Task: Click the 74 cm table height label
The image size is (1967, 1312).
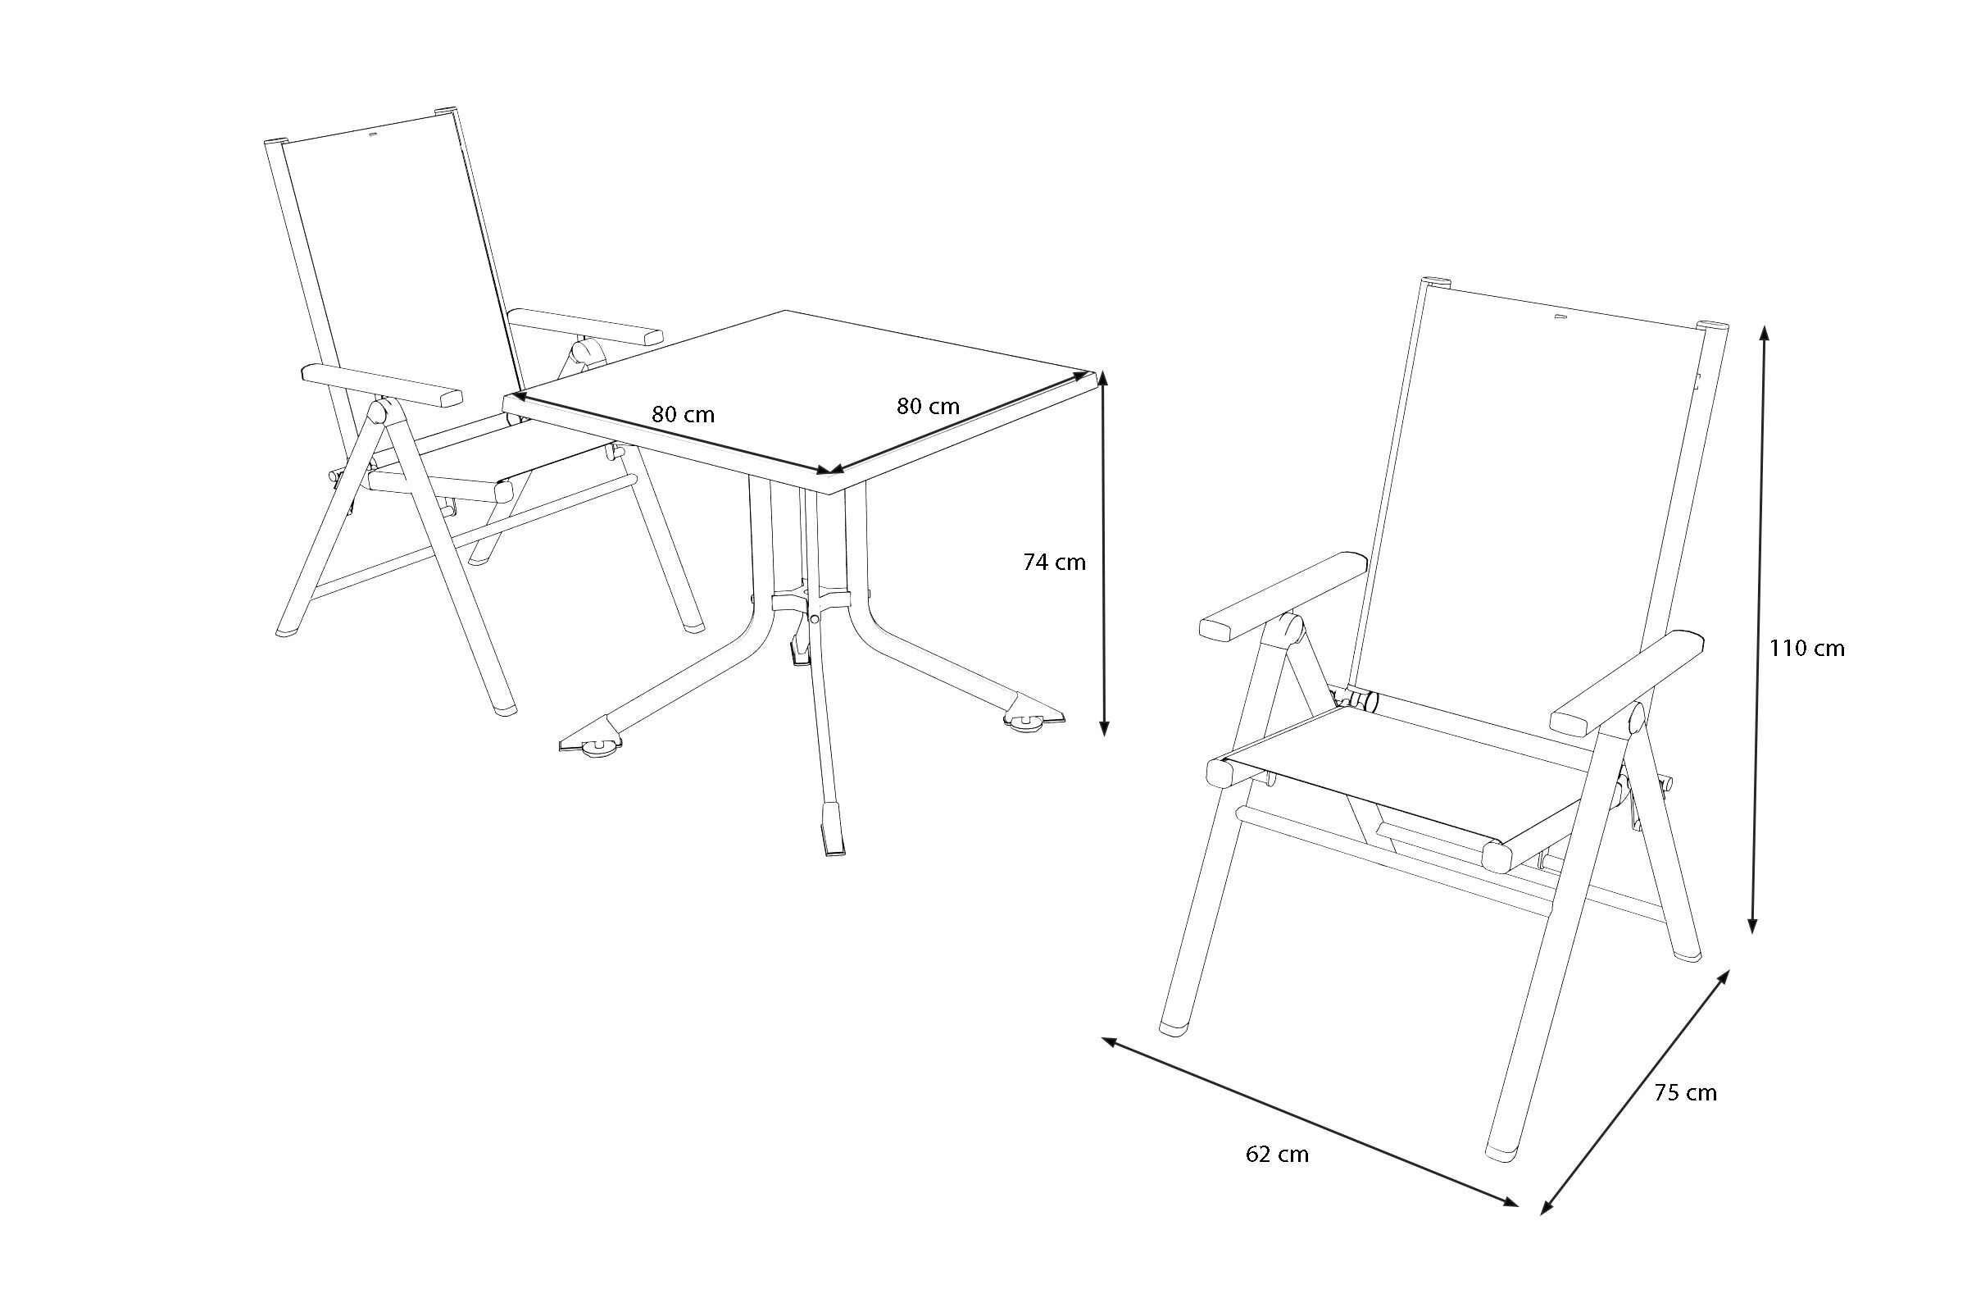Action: click(1055, 563)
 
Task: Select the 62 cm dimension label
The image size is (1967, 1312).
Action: click(1277, 1155)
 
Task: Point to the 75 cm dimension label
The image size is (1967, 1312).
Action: click(1685, 1093)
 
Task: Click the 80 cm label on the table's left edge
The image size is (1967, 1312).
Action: click(684, 414)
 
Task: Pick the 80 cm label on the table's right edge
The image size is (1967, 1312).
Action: click(929, 406)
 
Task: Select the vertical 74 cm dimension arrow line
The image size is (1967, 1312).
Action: click(1104, 553)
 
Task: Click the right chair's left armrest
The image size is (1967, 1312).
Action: click(1283, 596)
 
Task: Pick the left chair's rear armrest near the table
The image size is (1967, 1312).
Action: click(585, 326)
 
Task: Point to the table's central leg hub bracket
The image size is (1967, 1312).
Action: click(811, 600)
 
